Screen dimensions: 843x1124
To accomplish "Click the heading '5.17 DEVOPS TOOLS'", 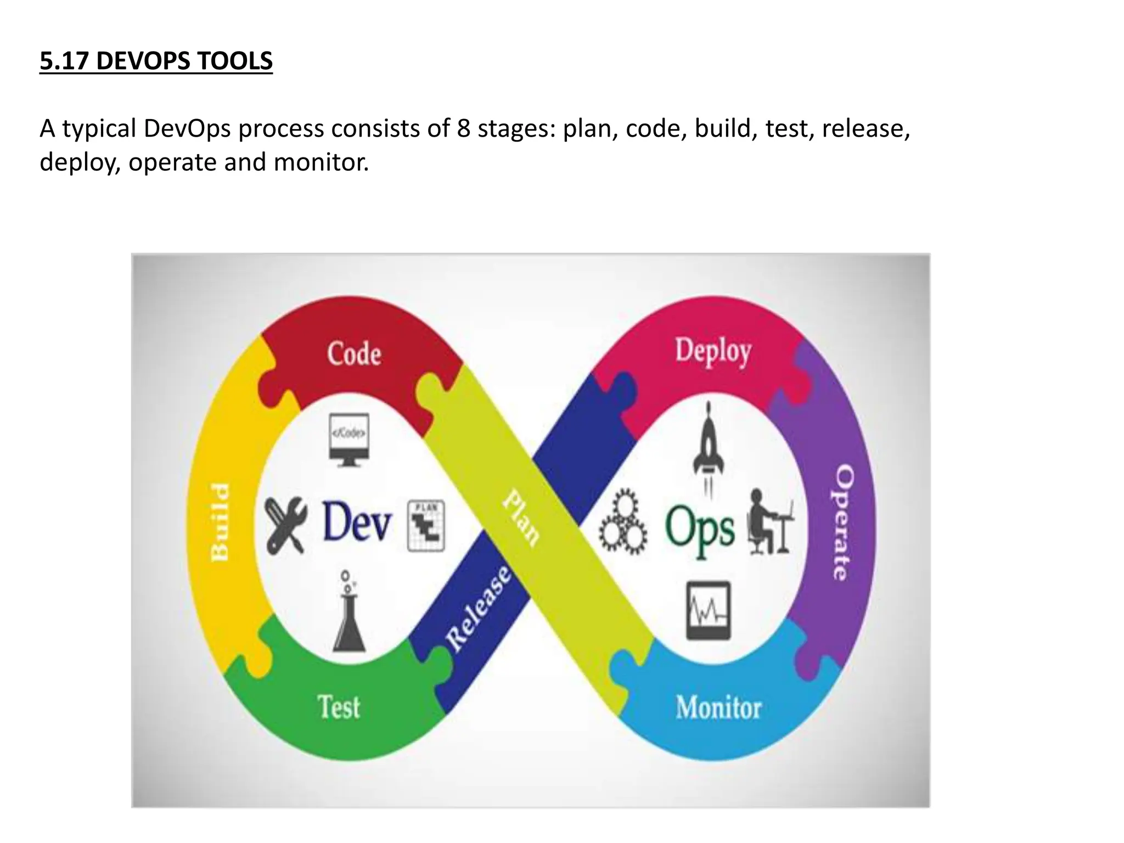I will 156,61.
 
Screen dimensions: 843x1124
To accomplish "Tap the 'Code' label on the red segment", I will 354,353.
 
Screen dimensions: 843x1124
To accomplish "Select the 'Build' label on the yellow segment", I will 221,522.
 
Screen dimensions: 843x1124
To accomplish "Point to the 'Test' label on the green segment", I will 339,707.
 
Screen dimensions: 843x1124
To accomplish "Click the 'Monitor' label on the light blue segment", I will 718,707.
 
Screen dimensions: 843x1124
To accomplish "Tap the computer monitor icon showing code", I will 349,440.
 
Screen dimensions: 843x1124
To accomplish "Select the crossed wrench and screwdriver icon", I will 285,525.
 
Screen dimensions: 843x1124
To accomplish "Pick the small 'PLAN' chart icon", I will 426,526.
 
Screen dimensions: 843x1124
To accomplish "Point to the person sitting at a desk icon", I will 769,522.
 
